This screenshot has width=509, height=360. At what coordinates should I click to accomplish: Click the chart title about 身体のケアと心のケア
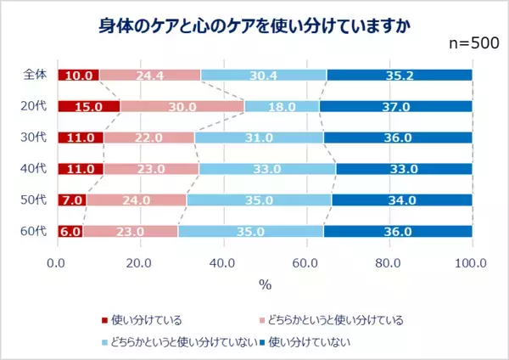pyautogui.click(x=254, y=25)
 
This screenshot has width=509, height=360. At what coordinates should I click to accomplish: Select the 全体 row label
pyautogui.click(x=34, y=76)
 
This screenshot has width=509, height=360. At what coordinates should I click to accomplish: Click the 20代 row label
pyautogui.click(x=34, y=107)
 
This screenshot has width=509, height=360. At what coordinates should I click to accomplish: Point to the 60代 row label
pyautogui.click(x=34, y=231)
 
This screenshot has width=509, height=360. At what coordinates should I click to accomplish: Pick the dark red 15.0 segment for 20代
pyautogui.click(x=88, y=107)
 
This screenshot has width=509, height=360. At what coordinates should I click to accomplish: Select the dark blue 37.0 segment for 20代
pyautogui.click(x=395, y=107)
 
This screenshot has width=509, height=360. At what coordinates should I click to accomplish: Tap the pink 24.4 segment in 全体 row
pyautogui.click(x=149, y=76)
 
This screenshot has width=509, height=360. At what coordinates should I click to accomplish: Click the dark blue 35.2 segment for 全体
pyautogui.click(x=399, y=76)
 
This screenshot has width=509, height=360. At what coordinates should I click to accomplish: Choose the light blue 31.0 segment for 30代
pyautogui.click(x=259, y=138)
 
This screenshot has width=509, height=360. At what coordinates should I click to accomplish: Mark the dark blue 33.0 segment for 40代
pyautogui.click(x=404, y=169)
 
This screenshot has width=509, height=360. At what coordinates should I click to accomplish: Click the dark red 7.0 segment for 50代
pyautogui.click(x=72, y=200)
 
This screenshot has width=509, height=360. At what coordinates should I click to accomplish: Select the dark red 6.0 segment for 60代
pyautogui.click(x=70, y=231)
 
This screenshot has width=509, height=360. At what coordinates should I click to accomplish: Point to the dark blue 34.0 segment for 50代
pyautogui.click(x=401, y=200)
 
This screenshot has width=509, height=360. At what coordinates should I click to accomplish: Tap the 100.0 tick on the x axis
pyautogui.click(x=471, y=263)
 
